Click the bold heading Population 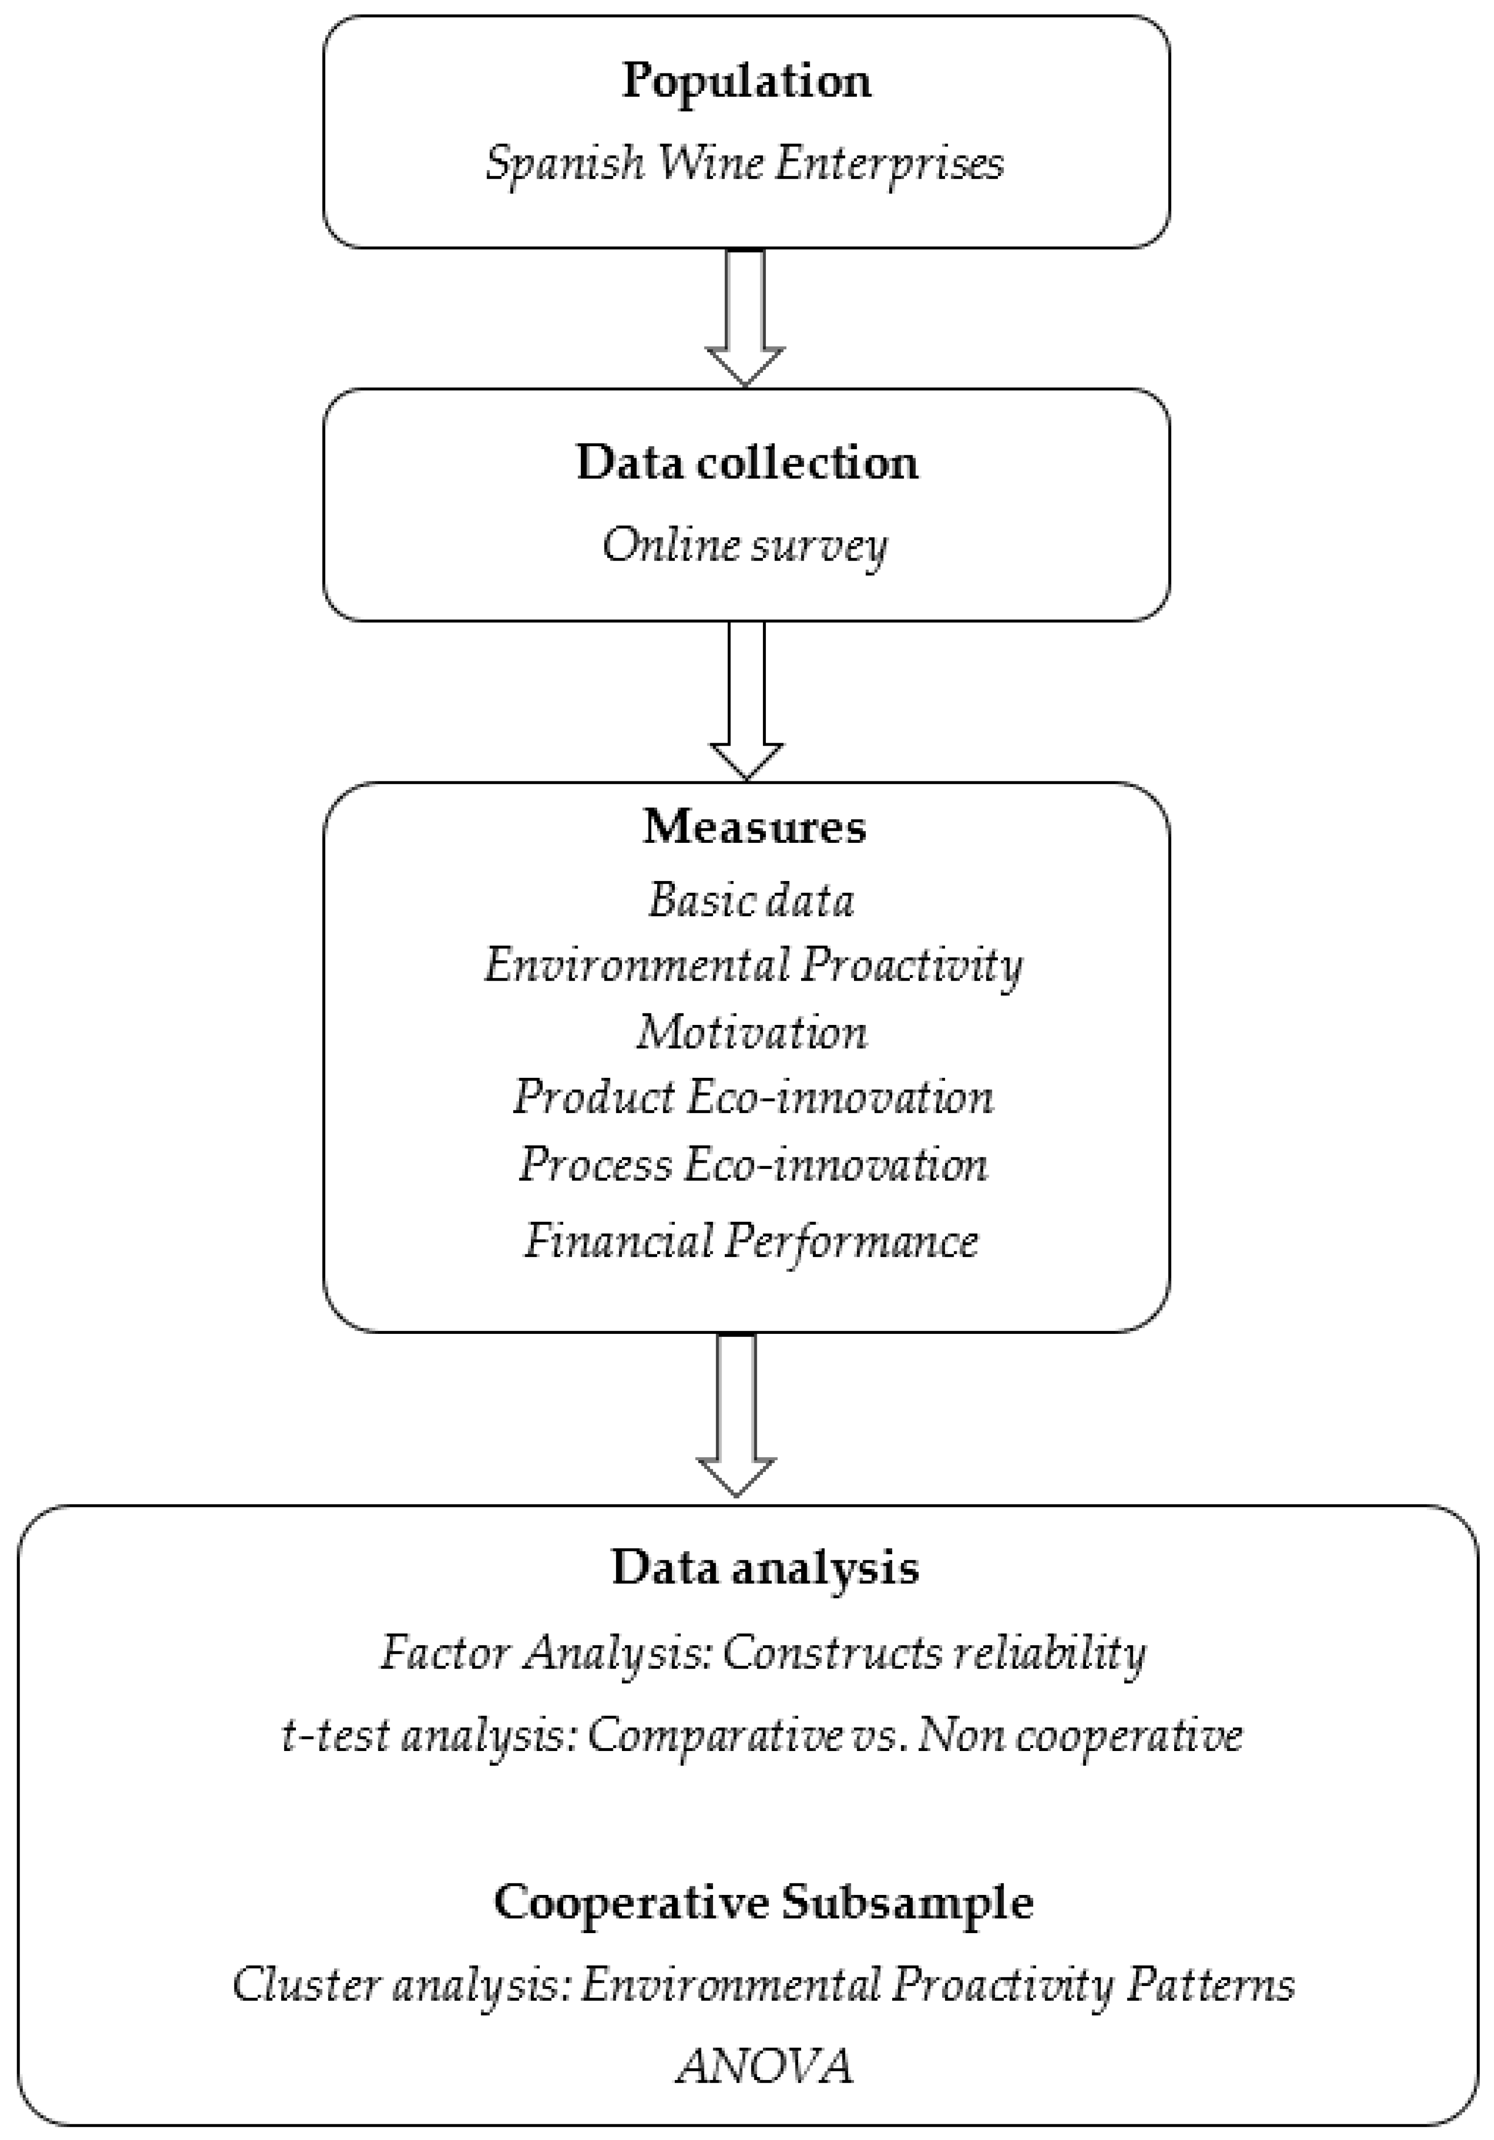(747, 81)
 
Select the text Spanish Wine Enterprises (745, 164)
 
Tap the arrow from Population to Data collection (745, 317)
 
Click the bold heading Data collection (747, 462)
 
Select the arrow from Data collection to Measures (746, 699)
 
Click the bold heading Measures (754, 826)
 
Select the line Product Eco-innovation (753, 1097)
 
